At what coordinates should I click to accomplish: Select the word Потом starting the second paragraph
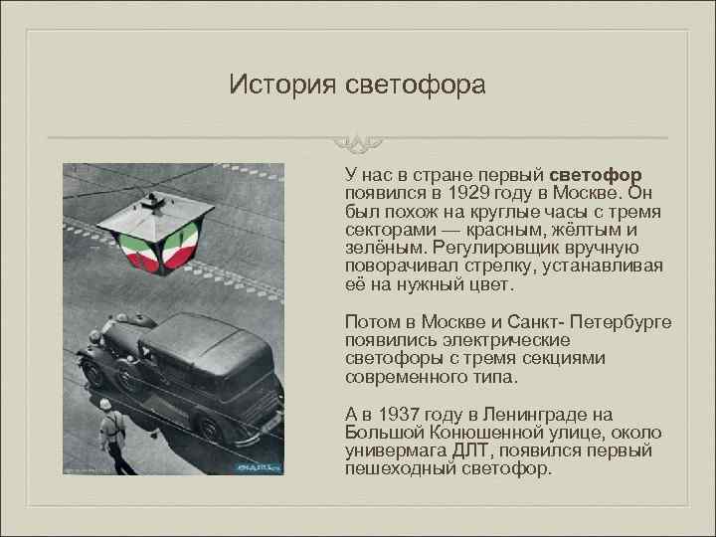coord(369,322)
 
